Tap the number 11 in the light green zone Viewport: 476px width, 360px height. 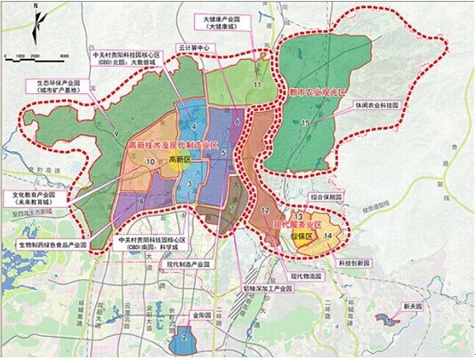coord(256,84)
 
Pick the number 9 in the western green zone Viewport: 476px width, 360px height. coord(117,134)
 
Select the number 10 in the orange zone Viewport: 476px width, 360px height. coord(152,161)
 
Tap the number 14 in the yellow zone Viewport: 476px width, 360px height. coord(328,235)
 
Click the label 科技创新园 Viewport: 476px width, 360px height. coord(355,263)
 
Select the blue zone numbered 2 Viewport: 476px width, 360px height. coord(184,336)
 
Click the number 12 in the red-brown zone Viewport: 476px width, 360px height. coord(265,210)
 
